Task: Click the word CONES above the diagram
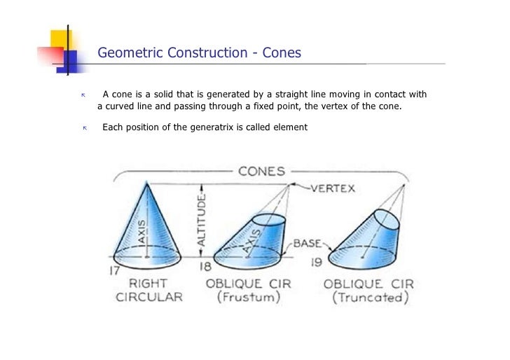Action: pos(262,171)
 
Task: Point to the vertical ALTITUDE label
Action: pos(202,219)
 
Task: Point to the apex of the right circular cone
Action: pos(146,181)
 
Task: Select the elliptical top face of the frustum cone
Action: pos(269,219)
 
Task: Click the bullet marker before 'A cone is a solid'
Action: pos(83,95)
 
